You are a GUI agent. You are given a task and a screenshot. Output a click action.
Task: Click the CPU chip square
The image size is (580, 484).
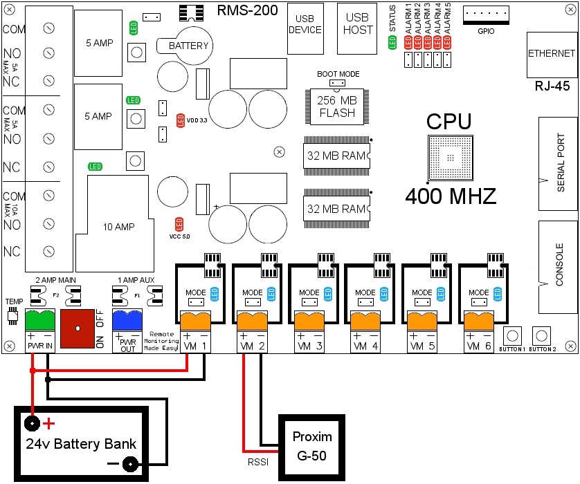pos(451,158)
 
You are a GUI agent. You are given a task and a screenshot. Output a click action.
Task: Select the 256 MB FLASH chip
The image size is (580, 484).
pos(336,106)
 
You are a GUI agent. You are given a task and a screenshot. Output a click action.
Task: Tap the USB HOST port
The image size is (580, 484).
pos(357,28)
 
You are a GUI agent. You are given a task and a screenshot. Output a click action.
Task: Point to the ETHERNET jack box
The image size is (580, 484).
pos(551,53)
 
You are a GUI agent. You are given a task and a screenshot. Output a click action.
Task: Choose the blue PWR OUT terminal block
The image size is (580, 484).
pos(127,323)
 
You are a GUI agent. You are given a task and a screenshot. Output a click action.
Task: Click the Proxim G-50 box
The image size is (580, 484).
pos(311,447)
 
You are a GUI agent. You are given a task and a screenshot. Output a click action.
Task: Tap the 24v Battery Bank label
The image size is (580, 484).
pos(81,443)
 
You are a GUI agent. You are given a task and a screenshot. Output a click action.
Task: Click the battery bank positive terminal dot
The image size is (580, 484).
pos(31,422)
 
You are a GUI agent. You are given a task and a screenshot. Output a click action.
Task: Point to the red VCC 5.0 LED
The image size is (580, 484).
pos(179,223)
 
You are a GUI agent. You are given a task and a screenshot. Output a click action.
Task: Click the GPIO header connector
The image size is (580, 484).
pos(485,15)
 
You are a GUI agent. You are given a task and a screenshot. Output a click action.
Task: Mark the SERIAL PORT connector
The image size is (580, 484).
pos(557,164)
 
